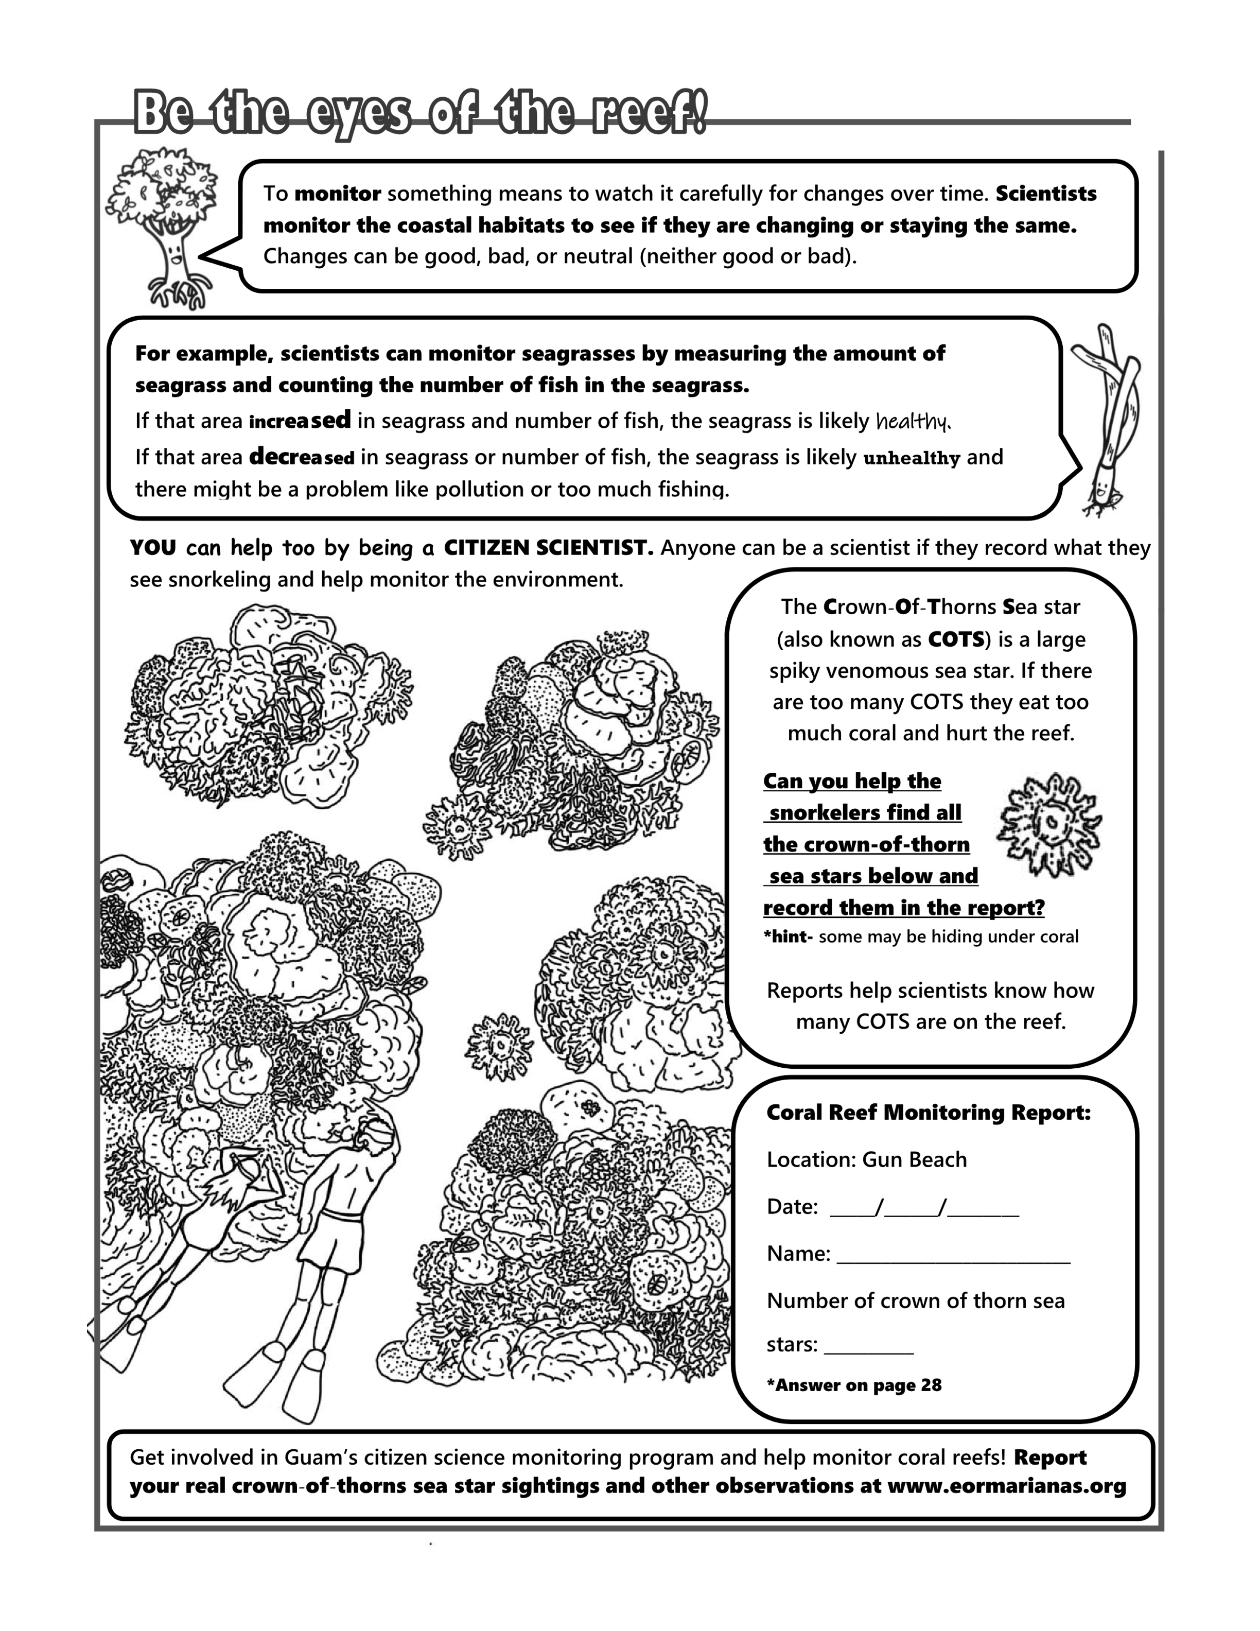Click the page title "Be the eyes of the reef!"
point(419,113)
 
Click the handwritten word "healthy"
point(913,422)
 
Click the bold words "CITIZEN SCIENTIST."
point(549,548)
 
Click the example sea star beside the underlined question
point(1049,824)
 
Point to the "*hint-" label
point(787,936)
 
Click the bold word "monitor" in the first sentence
point(338,194)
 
